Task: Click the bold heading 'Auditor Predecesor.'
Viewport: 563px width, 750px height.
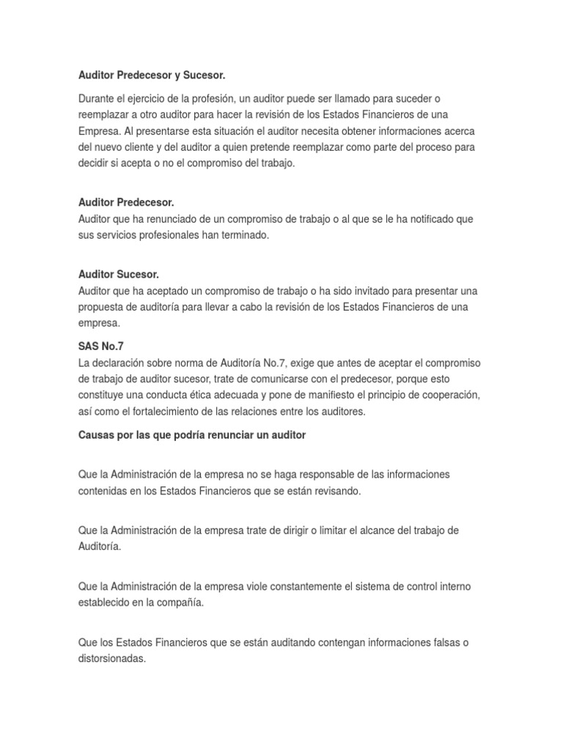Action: pyautogui.click(x=126, y=202)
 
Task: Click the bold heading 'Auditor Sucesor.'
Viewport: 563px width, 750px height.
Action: pyautogui.click(x=119, y=274)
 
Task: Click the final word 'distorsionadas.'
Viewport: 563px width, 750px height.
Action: pyautogui.click(x=112, y=658)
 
